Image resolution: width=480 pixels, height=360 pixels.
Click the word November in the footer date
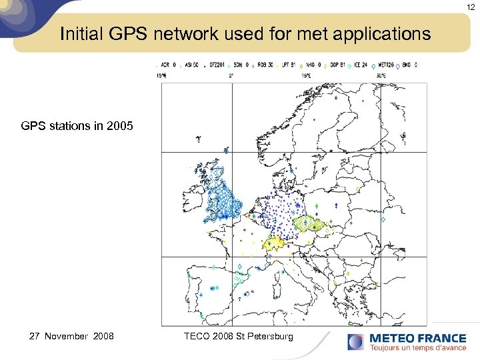(65, 336)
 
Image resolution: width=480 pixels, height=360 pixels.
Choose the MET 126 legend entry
(387, 65)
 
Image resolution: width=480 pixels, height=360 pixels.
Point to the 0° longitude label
(231, 75)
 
